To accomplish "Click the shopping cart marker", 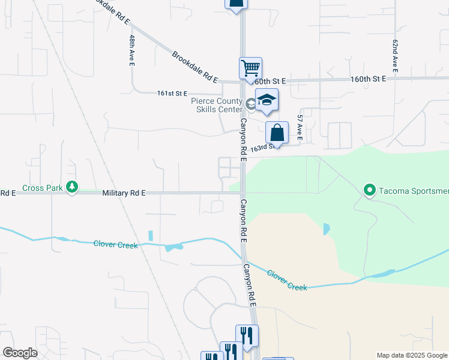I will tap(250, 67).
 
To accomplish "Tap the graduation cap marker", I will tap(267, 100).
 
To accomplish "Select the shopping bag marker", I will tap(277, 132).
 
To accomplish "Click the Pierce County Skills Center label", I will tap(216, 105).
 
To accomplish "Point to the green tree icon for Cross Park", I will tap(72, 188).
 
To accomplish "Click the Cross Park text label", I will tap(42, 188).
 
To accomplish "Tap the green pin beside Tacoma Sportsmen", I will tap(369, 191).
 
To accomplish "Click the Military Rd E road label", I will tap(124, 193).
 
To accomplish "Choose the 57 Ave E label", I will tap(300, 128).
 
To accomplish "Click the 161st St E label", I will tap(172, 94).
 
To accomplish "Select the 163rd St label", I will tap(265, 146).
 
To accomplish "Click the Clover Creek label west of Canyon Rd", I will tap(115, 244).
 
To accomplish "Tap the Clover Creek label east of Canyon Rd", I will tap(287, 280).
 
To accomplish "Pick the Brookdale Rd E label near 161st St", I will tap(194, 67).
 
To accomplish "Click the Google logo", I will tap(20, 353).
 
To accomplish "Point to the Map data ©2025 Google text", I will tap(411, 355).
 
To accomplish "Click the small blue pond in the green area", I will tap(326, 229).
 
